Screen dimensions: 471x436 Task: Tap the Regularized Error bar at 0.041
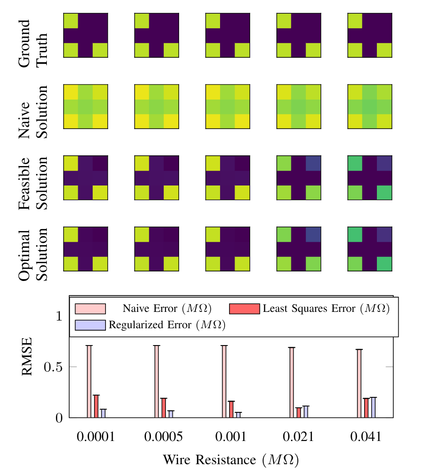coord(374,407)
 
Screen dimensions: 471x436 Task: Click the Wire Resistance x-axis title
coord(231,459)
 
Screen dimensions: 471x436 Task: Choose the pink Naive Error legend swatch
coord(90,309)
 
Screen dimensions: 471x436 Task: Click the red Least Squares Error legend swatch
coord(244,309)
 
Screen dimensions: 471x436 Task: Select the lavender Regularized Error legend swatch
coord(90,325)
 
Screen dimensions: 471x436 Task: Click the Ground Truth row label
coord(33,43)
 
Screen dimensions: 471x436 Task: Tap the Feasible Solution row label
coord(33,183)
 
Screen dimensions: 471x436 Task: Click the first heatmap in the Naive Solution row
coord(85,106)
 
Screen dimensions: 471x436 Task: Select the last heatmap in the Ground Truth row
coord(370,35)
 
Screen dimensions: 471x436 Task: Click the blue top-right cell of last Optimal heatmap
coord(384,234)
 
